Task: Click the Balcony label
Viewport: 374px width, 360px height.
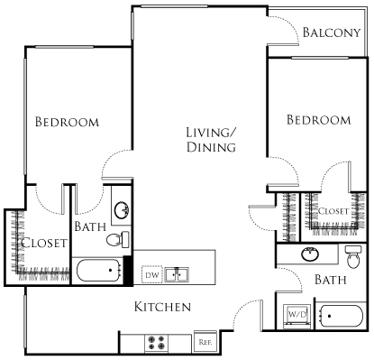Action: point(331,33)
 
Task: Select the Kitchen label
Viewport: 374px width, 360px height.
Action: point(162,307)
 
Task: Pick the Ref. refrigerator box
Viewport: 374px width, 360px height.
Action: point(205,343)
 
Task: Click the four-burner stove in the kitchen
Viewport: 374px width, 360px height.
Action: point(155,343)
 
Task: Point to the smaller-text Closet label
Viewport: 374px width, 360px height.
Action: point(333,210)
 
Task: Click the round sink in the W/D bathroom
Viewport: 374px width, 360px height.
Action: point(312,252)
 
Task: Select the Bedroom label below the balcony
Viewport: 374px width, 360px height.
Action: point(318,120)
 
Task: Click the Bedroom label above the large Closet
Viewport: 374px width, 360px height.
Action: point(67,122)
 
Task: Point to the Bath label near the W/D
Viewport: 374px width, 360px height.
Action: point(330,281)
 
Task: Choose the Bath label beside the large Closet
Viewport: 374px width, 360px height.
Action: point(90,226)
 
